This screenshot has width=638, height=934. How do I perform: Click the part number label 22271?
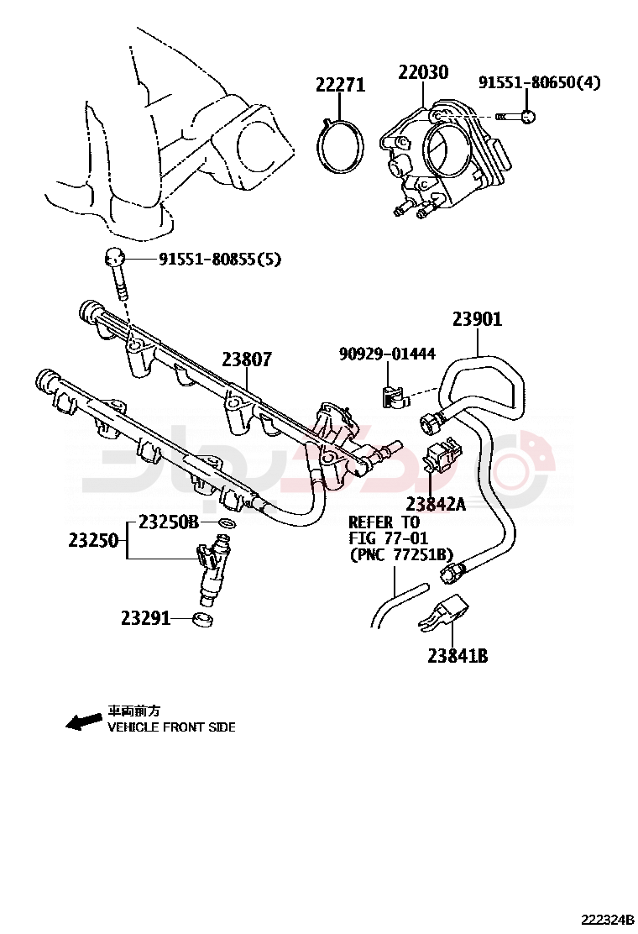coord(340,85)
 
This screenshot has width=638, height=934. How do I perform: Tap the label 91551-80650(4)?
coord(539,82)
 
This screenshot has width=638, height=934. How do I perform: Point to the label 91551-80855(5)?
coord(220,260)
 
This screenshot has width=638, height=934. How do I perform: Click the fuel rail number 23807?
coord(247,359)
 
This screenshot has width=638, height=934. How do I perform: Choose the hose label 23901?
coord(477,319)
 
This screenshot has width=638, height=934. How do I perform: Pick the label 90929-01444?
coord(387,354)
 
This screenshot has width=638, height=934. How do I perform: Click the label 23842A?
coord(435,504)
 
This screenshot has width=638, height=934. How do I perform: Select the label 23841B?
coord(458,656)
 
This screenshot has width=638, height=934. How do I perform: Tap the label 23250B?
coord(168,522)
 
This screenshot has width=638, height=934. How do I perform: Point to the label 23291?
coord(145,618)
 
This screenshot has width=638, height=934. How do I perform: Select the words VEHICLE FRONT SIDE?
coord(171,727)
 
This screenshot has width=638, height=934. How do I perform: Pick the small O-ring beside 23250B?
coord(225,524)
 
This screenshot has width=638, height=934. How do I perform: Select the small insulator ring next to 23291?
coord(202,621)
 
